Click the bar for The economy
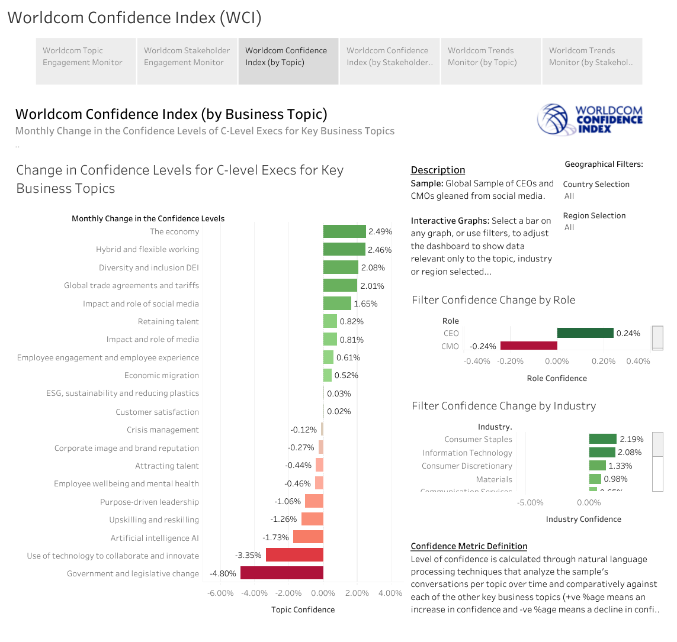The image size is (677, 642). tap(344, 231)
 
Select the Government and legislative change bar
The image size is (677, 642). tap(281, 573)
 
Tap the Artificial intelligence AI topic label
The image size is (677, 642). tap(155, 538)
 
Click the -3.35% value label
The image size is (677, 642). tap(248, 556)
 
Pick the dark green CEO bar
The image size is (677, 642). tap(585, 333)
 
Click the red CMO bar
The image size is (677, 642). tap(529, 346)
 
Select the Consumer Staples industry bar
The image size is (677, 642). tap(602, 439)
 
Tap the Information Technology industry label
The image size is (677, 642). tap(467, 453)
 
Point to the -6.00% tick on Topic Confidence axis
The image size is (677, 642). tap(220, 593)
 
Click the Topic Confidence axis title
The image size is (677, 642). tap(303, 609)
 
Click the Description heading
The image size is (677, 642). tap(438, 170)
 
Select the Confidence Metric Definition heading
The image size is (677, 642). tap(469, 546)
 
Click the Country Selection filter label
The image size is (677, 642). tap(596, 184)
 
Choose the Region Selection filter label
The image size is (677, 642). tap(594, 215)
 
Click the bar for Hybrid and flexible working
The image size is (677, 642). tap(344, 249)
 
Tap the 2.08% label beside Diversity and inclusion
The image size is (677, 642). tap(373, 267)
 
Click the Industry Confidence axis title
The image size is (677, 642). tap(583, 519)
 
